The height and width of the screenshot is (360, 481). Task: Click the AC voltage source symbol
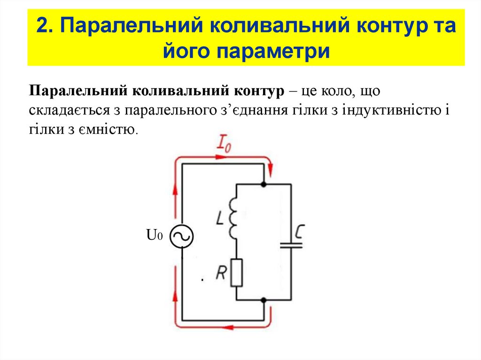click(x=181, y=237)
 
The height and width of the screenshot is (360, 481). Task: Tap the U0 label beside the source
click(x=155, y=235)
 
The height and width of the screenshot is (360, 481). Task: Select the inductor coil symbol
click(x=233, y=217)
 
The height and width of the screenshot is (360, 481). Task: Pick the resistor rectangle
click(x=236, y=273)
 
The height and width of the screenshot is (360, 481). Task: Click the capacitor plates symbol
click(x=291, y=245)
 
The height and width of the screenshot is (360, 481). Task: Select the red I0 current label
click(x=224, y=143)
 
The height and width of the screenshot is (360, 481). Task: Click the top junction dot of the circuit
click(x=264, y=184)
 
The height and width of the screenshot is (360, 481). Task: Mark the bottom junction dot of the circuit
click(x=264, y=299)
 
